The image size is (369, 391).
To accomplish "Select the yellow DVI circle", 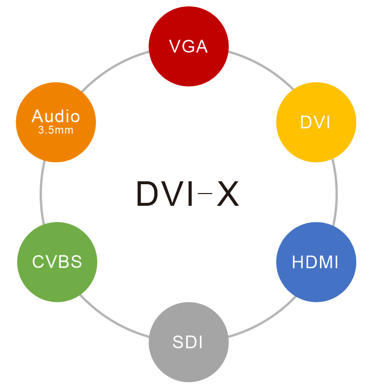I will click(x=316, y=122).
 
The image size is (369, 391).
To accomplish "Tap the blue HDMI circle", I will click(x=316, y=262).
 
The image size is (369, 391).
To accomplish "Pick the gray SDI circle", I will click(x=189, y=342).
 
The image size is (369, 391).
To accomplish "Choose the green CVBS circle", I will click(x=57, y=262).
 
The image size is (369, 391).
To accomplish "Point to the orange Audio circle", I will click(x=56, y=122).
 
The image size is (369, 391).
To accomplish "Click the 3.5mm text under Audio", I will click(x=56, y=131).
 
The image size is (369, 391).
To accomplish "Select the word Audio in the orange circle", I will click(x=56, y=116).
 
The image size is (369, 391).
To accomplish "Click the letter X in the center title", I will click(x=227, y=194).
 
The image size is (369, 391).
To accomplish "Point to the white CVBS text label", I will click(x=57, y=262).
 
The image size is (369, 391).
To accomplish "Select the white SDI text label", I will click(x=188, y=342).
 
